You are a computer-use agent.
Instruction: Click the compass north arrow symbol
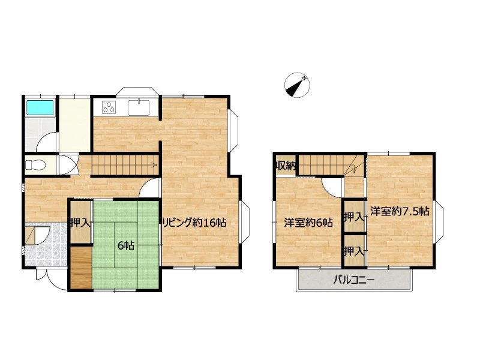pyautogui.click(x=297, y=85)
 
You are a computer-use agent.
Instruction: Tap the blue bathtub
pyautogui.click(x=40, y=108)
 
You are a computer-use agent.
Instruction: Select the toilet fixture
pyautogui.click(x=35, y=166)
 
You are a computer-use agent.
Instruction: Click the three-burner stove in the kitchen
pyautogui.click(x=109, y=107)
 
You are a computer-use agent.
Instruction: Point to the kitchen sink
pyautogui.click(x=139, y=107)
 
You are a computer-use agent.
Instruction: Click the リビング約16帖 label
pyautogui.click(x=194, y=223)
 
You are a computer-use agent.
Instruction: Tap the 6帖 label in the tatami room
pyautogui.click(x=126, y=245)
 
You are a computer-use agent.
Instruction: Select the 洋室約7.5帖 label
pyautogui.click(x=400, y=211)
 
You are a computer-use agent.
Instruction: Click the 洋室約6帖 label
pyautogui.click(x=308, y=222)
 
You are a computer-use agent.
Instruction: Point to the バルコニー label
pyautogui.click(x=353, y=280)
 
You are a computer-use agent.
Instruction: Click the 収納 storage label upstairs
pyautogui.click(x=286, y=166)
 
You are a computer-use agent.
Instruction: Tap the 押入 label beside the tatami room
pyautogui.click(x=80, y=223)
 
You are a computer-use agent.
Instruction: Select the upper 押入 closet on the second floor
pyautogui.click(x=354, y=217)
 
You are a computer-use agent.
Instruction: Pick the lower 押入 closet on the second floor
pyautogui.click(x=354, y=251)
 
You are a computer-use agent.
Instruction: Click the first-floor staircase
pyautogui.click(x=125, y=166)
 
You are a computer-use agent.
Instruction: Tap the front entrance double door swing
pyautogui.click(x=52, y=279)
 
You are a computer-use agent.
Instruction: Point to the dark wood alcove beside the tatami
pyautogui.click(x=81, y=268)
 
